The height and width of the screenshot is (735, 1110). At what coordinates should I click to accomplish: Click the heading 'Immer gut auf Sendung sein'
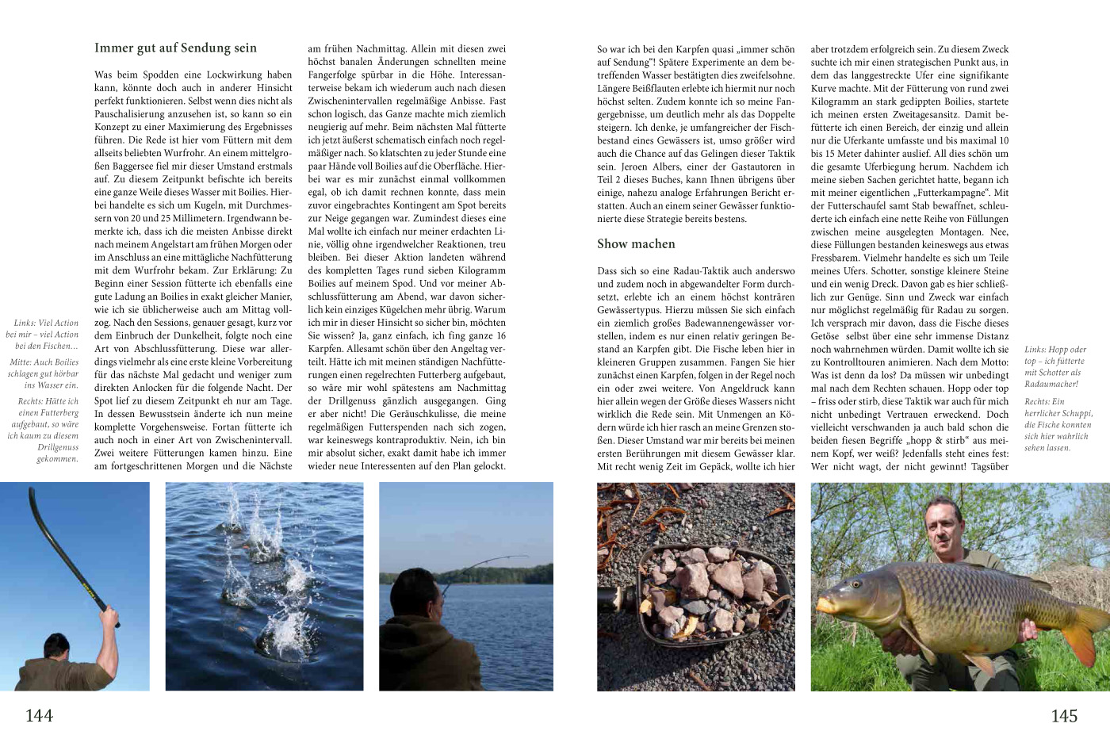175,48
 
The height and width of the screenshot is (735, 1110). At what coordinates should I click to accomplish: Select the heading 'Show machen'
636,243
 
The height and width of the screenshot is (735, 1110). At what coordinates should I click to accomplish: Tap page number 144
39,715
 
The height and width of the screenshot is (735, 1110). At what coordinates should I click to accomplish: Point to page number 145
1064,715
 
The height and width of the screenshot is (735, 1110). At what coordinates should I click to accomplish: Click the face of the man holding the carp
943,530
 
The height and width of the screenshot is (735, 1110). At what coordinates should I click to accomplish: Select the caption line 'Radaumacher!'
1051,384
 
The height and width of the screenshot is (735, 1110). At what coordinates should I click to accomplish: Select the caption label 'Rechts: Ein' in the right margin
1045,402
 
